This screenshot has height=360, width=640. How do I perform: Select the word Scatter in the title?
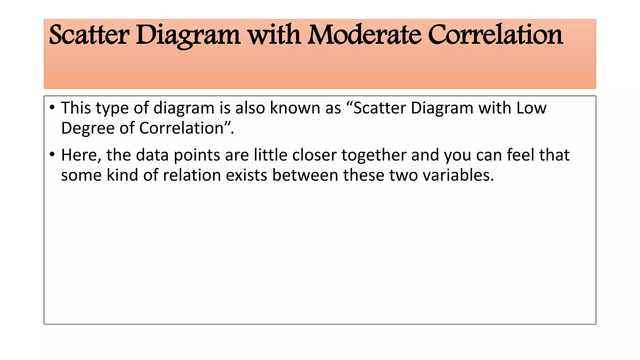pos(89,35)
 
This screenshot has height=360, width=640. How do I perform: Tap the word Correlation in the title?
pos(495,35)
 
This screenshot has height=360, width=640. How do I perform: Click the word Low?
pos(531,108)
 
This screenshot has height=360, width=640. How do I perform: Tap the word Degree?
pos(87,128)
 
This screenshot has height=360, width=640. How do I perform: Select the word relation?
pos(192,175)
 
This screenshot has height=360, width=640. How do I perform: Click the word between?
pos(305,175)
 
